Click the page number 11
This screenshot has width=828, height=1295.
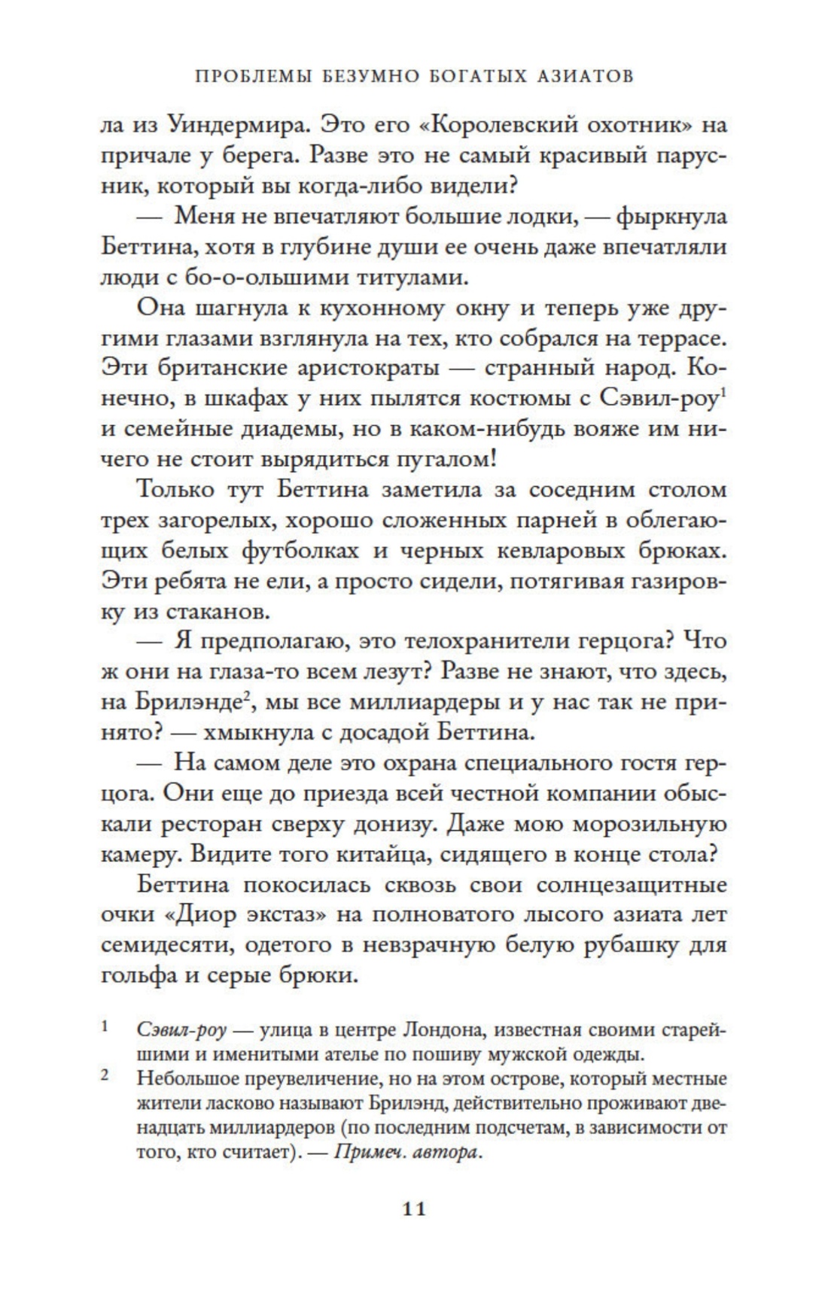tap(414, 1209)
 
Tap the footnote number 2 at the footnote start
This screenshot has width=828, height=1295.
tap(105, 1077)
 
